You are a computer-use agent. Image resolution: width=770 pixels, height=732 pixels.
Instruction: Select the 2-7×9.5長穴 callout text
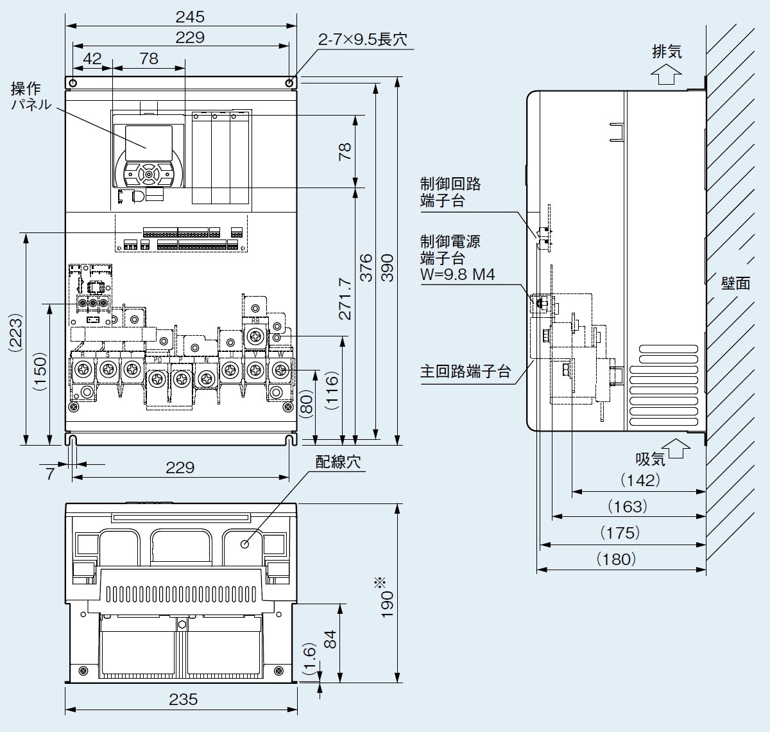pos(363,39)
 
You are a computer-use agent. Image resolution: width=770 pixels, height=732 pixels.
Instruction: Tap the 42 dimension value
pos(92,58)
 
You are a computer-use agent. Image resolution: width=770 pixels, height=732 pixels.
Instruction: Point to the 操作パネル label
pos(30,96)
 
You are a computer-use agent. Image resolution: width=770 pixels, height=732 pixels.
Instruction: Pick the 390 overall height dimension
pos(388,267)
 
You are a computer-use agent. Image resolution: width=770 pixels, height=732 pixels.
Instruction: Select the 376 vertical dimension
pos(366,267)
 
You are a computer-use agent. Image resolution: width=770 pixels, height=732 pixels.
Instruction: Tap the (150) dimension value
pos(40,371)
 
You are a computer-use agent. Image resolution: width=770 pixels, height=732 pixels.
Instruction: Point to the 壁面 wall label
pos(735,283)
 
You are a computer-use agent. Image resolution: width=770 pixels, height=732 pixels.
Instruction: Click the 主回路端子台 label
pos(465,372)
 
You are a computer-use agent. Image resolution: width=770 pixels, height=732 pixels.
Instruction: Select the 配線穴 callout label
pos(338,462)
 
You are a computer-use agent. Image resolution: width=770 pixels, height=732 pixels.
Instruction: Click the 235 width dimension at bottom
pos(183,699)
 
